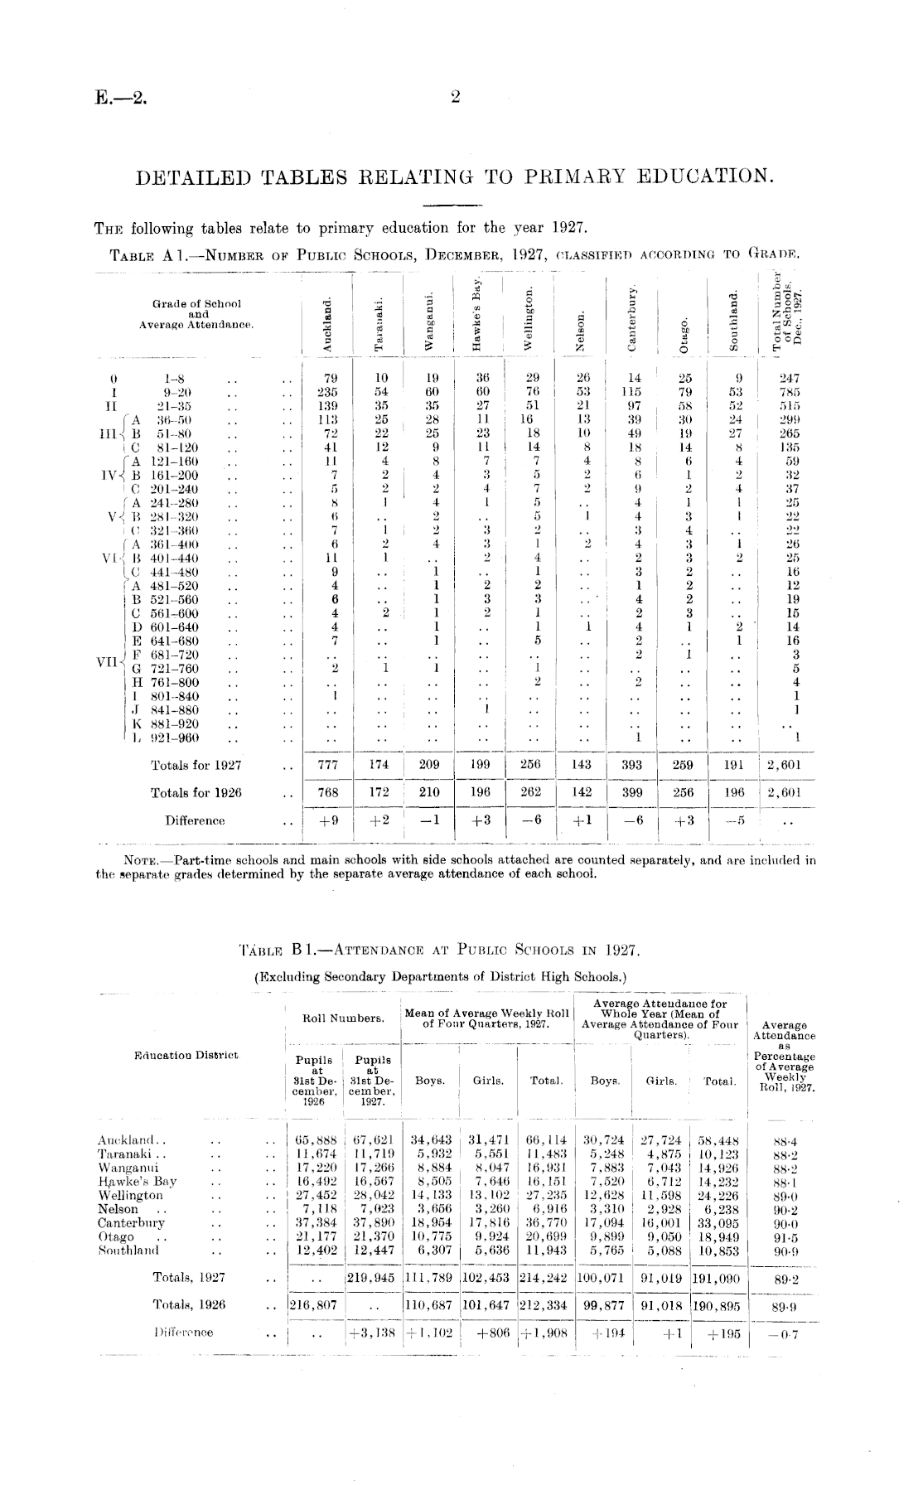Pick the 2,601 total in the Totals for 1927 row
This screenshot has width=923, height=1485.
[784, 766]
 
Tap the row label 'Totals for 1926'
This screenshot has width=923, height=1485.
[196, 793]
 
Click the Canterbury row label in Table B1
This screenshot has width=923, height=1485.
[131, 1222]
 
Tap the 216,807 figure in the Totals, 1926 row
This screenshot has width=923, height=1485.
[312, 1305]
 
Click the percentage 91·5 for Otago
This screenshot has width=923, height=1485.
[783, 1236]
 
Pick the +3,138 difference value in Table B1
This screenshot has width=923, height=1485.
[373, 1333]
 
